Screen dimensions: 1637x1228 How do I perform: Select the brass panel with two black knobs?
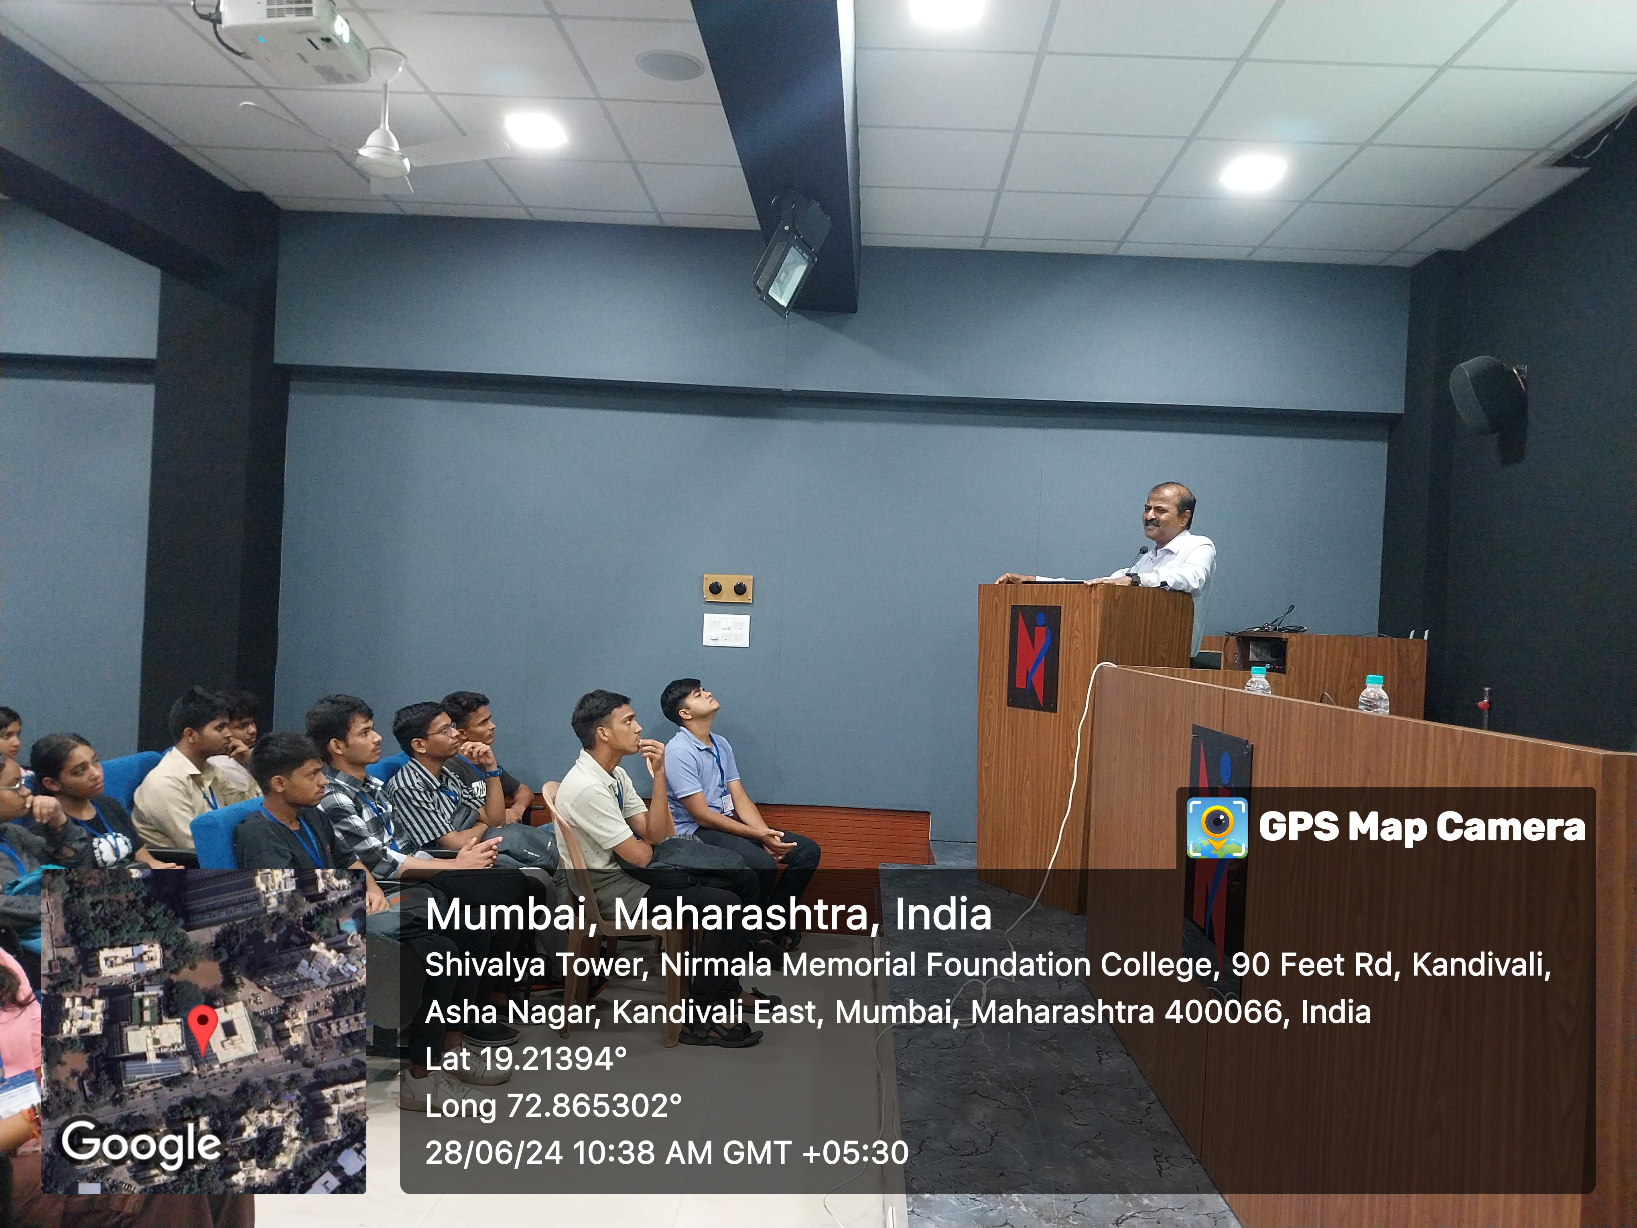pos(727,588)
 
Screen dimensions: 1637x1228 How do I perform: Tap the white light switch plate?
pos(726,630)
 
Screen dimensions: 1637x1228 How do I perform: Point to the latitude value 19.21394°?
pos(554,1059)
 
